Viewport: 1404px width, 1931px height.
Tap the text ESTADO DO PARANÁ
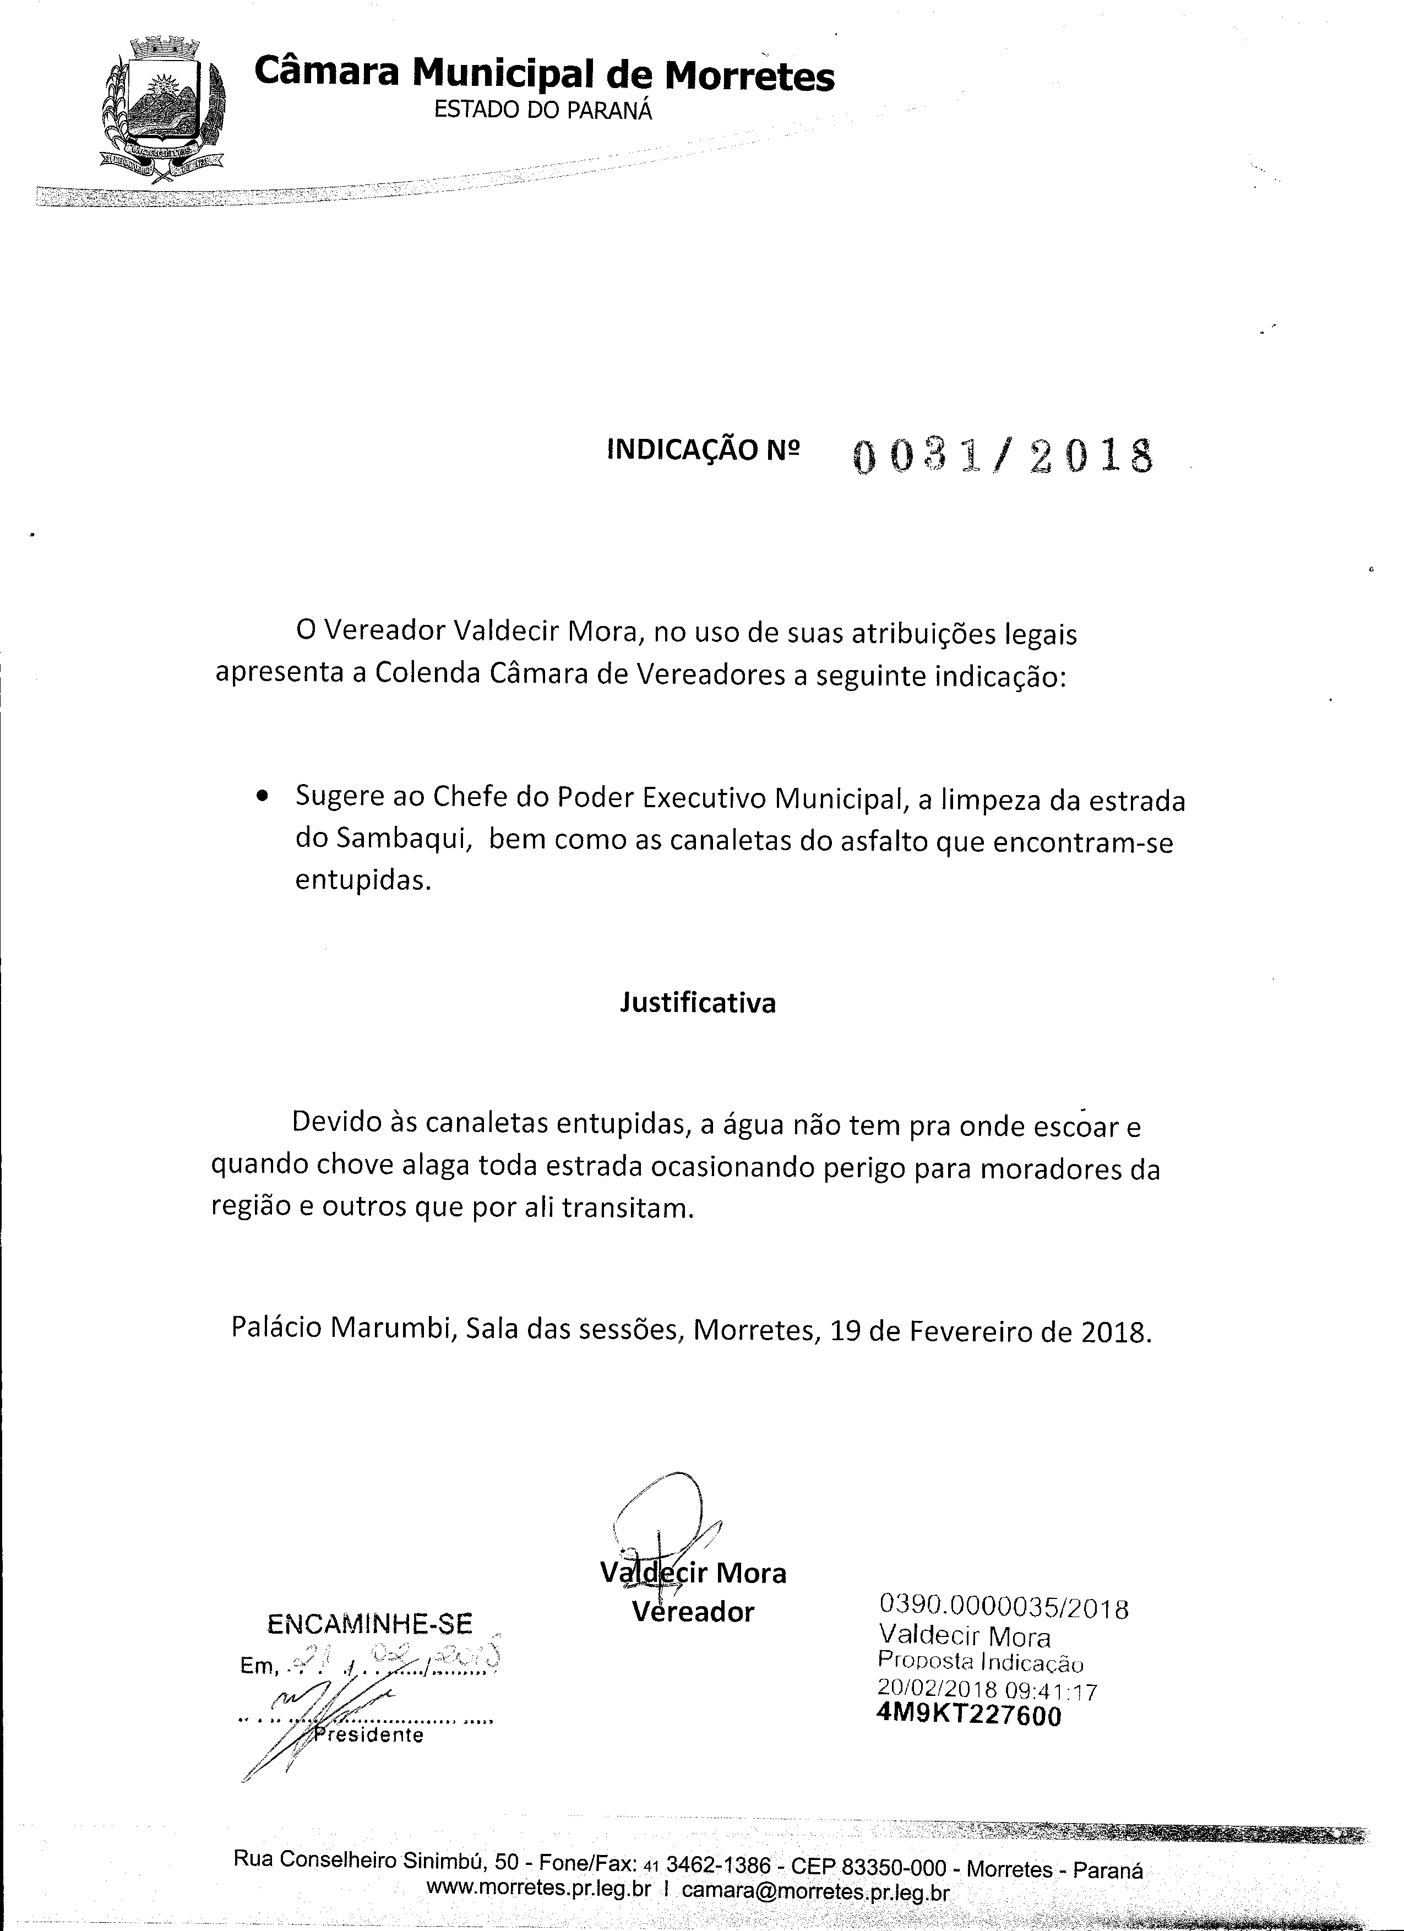(543, 111)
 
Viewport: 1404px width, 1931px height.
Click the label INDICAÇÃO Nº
(703, 449)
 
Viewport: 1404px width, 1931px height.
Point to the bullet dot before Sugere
(263, 798)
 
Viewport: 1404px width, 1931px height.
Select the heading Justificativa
(696, 1003)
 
